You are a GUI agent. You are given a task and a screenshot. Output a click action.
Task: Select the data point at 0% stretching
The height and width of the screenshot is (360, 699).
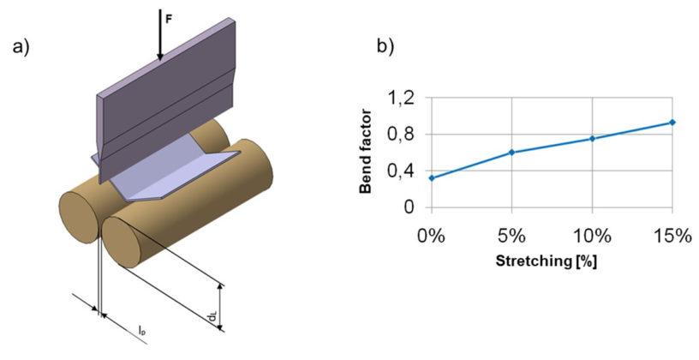[x=432, y=177]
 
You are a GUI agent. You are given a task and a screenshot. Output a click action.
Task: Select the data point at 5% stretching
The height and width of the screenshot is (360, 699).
[x=511, y=153]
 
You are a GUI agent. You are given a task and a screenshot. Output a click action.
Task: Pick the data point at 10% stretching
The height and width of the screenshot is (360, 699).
[x=592, y=138]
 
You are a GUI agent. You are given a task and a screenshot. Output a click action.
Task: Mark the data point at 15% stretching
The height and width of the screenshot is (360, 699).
[x=672, y=123]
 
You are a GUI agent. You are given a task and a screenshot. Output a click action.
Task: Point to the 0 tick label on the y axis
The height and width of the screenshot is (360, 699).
[x=409, y=207]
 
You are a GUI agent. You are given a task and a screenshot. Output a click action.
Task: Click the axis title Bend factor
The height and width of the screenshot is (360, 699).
[x=366, y=153]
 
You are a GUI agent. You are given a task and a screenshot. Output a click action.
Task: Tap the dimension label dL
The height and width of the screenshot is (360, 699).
[x=211, y=318]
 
